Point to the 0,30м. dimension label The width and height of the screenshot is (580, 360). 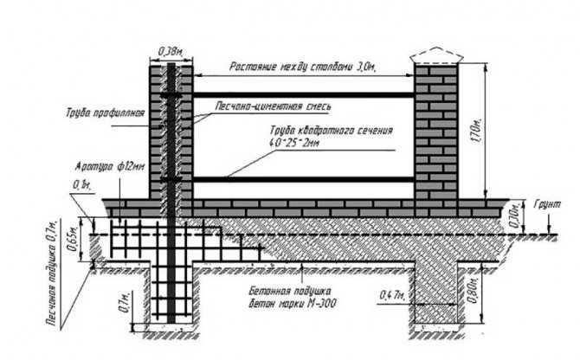tap(516, 213)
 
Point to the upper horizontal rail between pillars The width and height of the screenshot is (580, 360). tap(303, 93)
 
